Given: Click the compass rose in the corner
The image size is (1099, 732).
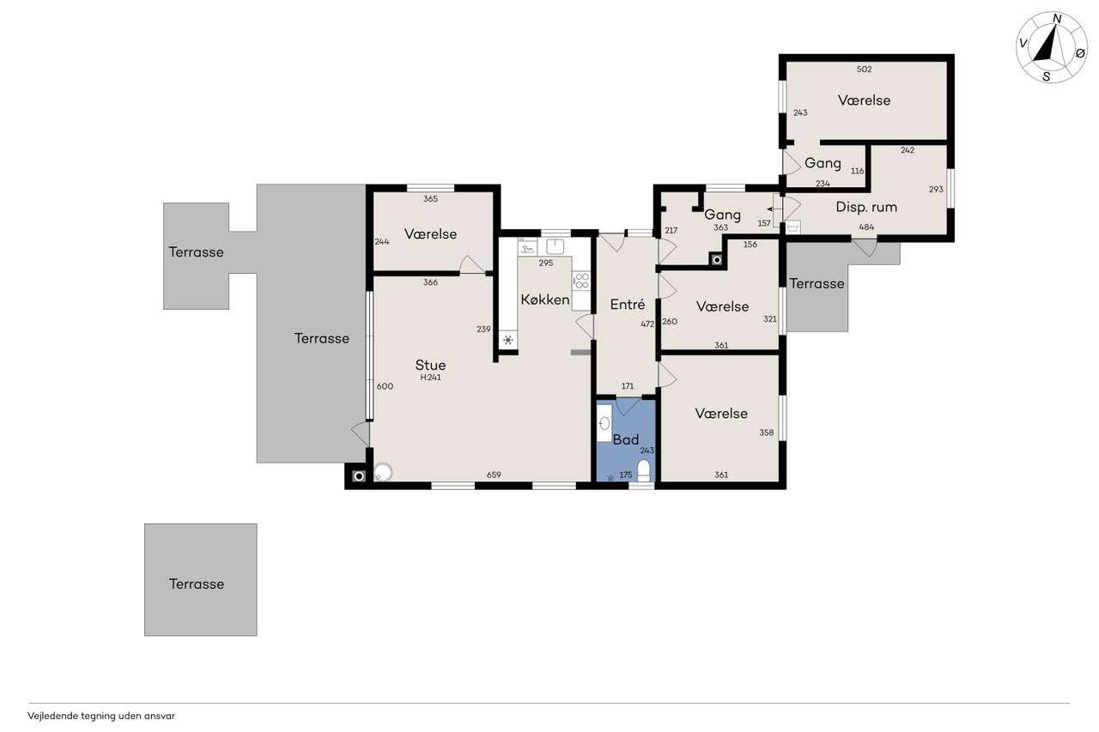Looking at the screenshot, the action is pos(1052,47).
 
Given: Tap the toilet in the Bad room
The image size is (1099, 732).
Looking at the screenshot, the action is pos(644,470).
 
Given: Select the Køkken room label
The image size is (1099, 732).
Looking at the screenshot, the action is pos(545,299).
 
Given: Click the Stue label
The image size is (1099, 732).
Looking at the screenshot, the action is pos(430,365).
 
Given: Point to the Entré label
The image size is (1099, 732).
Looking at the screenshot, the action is pos(628,305).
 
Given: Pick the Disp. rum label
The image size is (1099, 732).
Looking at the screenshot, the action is pos(866,207).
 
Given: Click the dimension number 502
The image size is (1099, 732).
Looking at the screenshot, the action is pos(864,70).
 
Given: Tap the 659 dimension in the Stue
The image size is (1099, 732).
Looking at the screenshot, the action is pos(494,475).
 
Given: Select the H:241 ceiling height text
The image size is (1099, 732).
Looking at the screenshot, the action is pos(430,378).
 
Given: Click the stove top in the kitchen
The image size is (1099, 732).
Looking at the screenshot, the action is pos(581,281).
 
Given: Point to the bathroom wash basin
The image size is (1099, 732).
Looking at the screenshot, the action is pos(604,422).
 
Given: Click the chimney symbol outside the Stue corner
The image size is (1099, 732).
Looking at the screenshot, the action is pos(359,476).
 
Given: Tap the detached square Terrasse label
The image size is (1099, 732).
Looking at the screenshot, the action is pos(197,584).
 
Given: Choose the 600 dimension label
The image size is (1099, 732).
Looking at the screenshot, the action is pos(385,386).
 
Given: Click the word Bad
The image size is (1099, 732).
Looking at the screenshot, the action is pos(626,439).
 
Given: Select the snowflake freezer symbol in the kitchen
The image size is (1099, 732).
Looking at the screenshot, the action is pos(508,339).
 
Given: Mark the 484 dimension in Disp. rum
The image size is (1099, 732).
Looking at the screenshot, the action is pos(866,227).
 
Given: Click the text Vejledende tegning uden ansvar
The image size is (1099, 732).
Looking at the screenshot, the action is pos(101,716).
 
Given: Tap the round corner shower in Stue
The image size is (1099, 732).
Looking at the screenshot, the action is pos(383,473).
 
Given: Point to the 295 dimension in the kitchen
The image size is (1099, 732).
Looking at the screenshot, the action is pos(545,263).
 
